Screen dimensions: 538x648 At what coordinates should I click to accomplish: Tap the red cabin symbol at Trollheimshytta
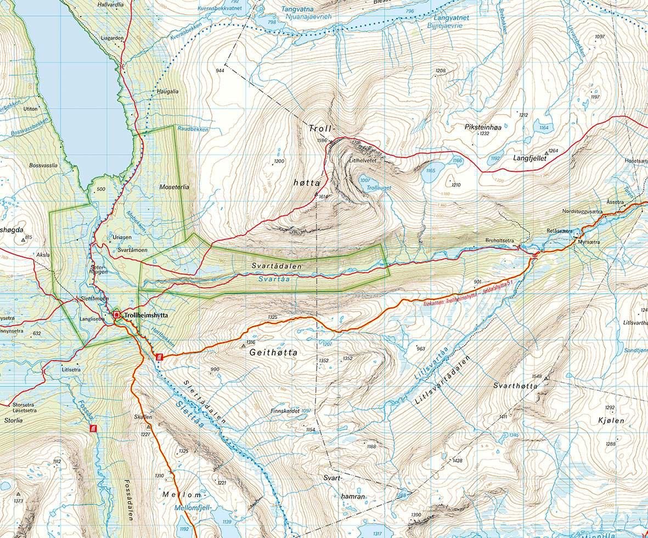tap(116, 315)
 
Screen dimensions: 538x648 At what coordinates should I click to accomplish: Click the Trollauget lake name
tap(379, 188)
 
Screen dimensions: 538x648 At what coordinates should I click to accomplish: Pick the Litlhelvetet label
tap(362, 161)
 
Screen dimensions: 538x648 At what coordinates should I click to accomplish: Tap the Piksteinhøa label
tap(483, 126)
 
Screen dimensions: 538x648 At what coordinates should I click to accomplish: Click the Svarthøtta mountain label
tap(515, 386)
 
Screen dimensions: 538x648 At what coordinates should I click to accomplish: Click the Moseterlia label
tap(174, 187)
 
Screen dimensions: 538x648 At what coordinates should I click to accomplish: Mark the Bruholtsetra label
tap(499, 240)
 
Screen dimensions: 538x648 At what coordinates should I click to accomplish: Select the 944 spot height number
tap(221, 71)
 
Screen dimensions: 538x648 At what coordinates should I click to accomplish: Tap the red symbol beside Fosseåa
tap(93, 428)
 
